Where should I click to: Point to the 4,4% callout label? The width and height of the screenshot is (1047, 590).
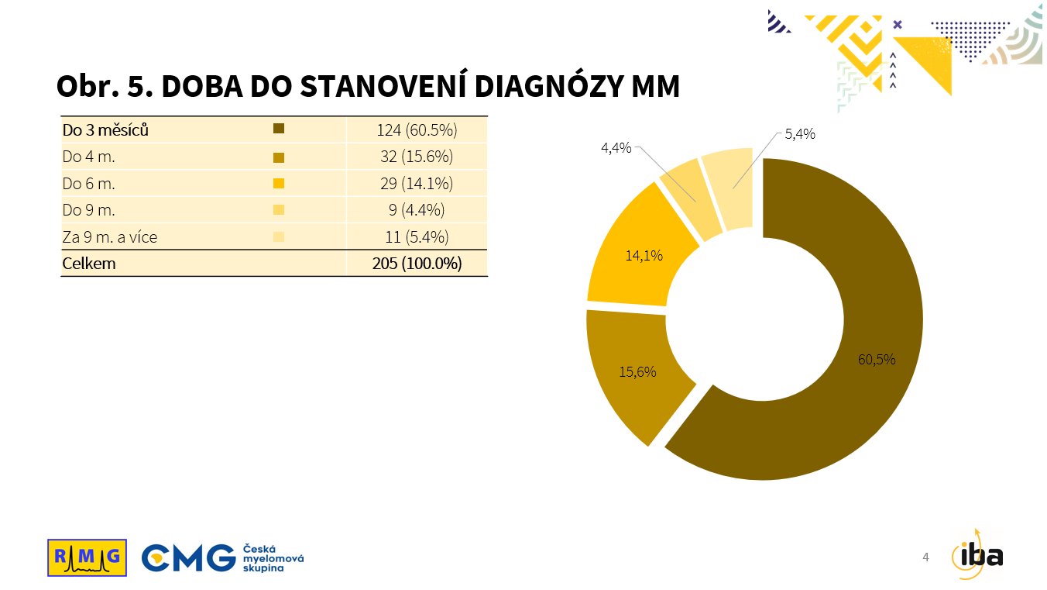coord(616,147)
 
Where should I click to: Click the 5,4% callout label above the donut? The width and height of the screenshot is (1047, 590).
coord(799,134)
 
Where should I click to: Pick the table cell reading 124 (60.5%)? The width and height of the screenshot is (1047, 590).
coord(417,129)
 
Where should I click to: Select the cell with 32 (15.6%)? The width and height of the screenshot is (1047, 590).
coord(417,157)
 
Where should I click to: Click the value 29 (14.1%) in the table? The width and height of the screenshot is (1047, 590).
coord(417,184)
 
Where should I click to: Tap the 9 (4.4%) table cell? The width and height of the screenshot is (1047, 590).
coord(417,210)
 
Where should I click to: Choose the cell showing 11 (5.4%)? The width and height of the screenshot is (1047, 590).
coord(417,237)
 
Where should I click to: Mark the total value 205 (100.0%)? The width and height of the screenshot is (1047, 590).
coord(417,264)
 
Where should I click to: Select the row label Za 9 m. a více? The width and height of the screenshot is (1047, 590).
coord(110,237)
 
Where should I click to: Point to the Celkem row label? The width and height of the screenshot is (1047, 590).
coord(89,264)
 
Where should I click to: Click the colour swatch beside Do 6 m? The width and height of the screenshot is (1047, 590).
coord(280,184)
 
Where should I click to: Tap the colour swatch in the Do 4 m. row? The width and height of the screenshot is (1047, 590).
coord(280,157)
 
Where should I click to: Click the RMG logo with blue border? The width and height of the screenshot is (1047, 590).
coord(87,557)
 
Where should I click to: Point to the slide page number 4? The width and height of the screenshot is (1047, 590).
coord(925,557)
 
